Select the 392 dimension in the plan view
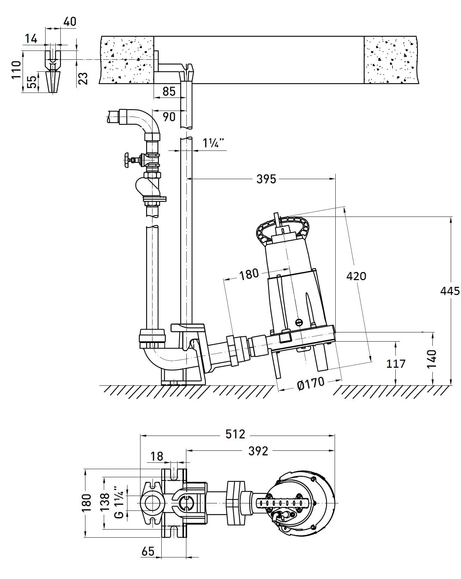click(258, 451)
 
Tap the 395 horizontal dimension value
click(266, 179)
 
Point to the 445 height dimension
click(450, 291)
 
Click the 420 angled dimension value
click(356, 276)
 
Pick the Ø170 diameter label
click(311, 383)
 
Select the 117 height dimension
click(396, 364)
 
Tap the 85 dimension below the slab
click(169, 91)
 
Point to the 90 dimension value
click(169, 117)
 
